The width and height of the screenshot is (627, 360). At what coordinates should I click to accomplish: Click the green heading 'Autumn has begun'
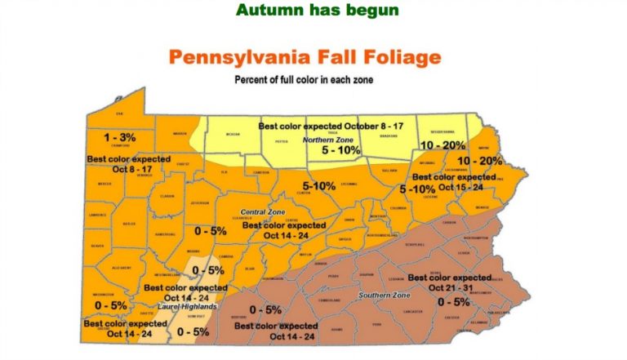[317, 11]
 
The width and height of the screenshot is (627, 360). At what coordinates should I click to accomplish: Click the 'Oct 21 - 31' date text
[451, 289]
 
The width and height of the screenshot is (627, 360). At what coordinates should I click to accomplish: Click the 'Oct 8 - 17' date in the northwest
[117, 169]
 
